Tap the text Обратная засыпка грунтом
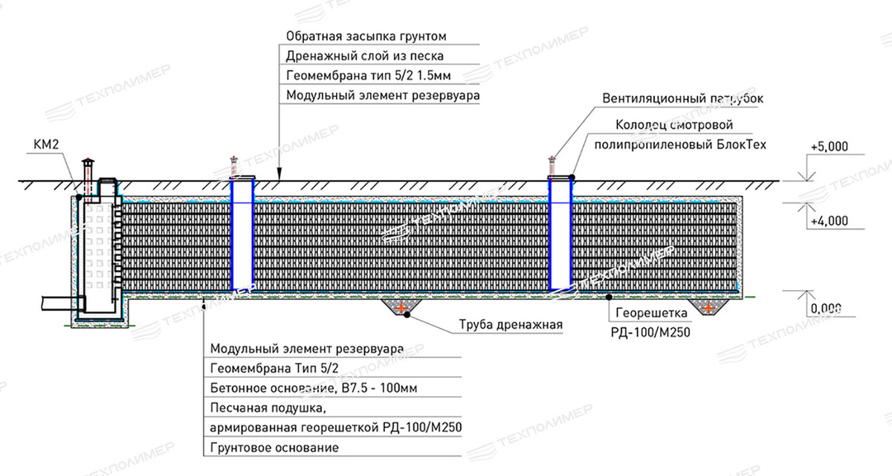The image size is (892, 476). click(x=366, y=36)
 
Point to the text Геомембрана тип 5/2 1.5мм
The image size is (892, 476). click(x=367, y=76)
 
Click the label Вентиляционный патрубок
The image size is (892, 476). click(x=683, y=98)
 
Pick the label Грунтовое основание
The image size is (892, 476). click(x=274, y=448)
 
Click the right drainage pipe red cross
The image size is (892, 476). click(x=710, y=306)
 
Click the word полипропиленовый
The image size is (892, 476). click(x=649, y=144)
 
